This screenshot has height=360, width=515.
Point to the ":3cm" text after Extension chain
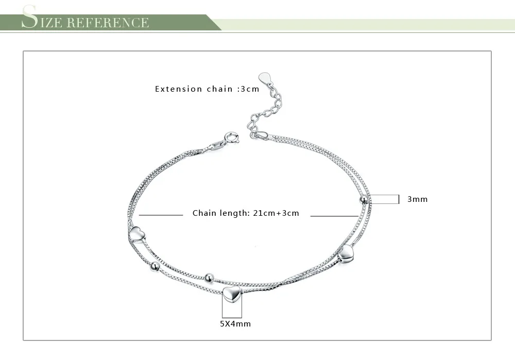248,89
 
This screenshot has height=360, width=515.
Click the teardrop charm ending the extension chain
265,78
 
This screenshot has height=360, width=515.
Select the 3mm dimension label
417,199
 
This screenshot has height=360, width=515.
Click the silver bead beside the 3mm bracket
364,199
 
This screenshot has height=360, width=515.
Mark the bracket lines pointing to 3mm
385,199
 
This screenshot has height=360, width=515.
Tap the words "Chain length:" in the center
220,213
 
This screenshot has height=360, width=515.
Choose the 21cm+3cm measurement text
276,213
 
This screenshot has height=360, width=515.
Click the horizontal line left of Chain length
161,215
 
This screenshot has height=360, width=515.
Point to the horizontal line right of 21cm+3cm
335,216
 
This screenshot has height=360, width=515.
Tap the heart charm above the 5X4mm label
231,296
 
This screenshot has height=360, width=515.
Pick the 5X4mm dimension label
235,324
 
